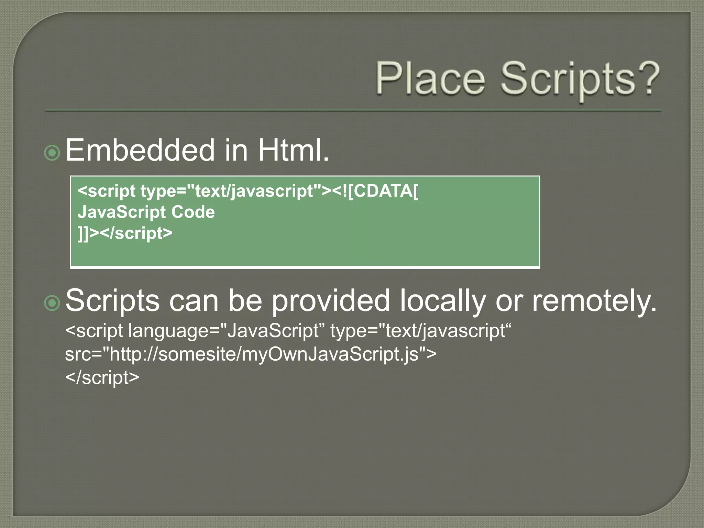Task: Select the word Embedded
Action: click(140, 150)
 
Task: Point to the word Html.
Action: click(293, 150)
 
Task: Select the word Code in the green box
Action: click(193, 212)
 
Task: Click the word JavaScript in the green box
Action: click(122, 212)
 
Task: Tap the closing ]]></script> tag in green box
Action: click(125, 233)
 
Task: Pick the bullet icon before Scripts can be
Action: click(52, 303)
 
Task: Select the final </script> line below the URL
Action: click(102, 377)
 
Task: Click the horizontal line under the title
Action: click(353, 111)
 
